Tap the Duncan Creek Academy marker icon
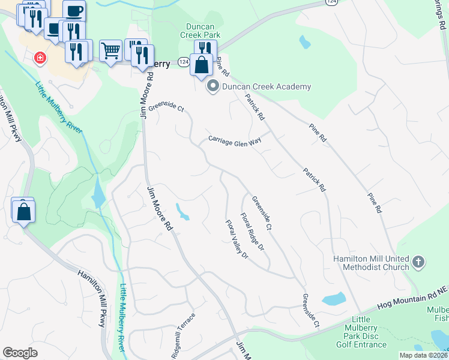[x=212, y=87]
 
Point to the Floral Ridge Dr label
[x=253, y=232]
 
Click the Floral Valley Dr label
[x=237, y=239]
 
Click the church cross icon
[x=419, y=262]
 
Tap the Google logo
[x=20, y=353]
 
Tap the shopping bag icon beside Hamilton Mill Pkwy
[x=23, y=211]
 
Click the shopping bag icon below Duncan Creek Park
[x=202, y=64]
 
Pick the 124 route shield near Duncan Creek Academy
[x=183, y=62]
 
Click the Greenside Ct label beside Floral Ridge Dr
[x=262, y=213]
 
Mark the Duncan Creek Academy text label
[x=267, y=87]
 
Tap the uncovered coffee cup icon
[x=74, y=11]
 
